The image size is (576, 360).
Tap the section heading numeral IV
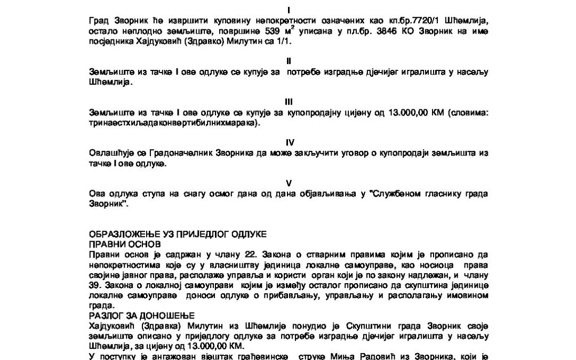click(290, 142)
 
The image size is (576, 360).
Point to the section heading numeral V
click(289, 183)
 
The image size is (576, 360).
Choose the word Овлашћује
click(110, 154)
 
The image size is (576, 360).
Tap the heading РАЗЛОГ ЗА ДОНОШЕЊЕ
click(134, 316)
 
